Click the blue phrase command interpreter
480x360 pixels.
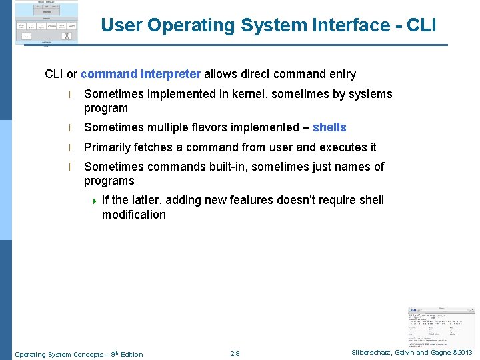[141, 74]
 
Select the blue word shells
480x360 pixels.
[329, 127]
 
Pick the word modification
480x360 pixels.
[133, 215]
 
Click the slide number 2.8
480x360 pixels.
[234, 354]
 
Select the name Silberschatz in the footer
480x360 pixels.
[373, 353]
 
